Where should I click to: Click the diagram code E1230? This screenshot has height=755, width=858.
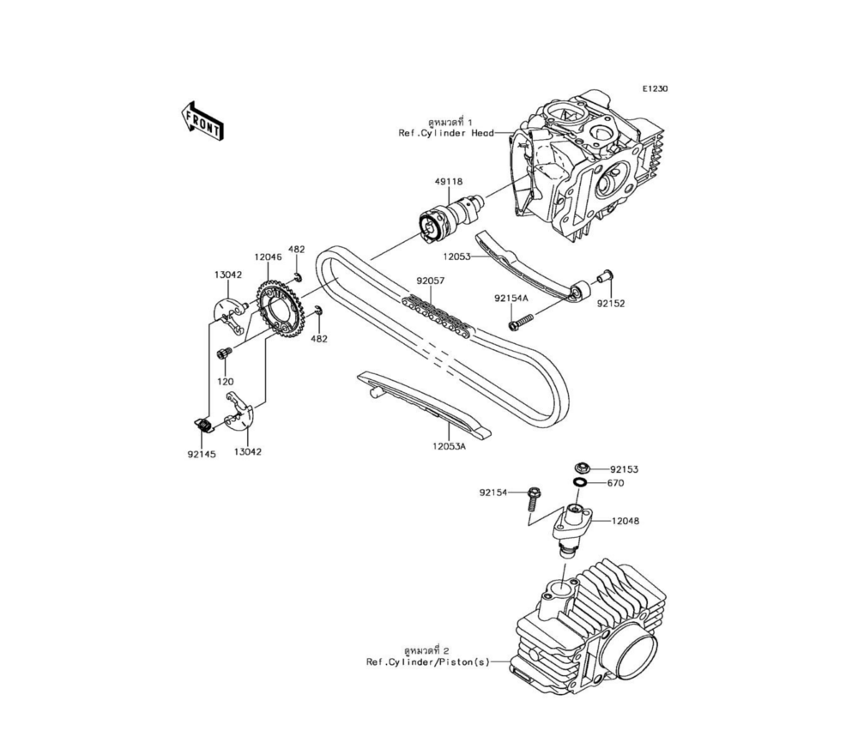(x=655, y=88)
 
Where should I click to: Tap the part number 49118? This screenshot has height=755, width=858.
(x=448, y=181)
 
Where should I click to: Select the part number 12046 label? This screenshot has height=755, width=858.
(x=268, y=256)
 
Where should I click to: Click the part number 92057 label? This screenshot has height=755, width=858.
(x=431, y=281)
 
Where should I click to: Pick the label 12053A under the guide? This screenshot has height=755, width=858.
(x=449, y=446)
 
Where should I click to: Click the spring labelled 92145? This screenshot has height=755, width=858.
(x=203, y=425)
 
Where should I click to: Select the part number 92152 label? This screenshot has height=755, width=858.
(x=611, y=303)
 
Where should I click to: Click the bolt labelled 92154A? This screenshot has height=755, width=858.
(x=520, y=322)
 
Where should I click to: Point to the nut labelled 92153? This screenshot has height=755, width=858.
(x=582, y=468)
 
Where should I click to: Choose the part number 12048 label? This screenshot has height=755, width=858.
(x=625, y=521)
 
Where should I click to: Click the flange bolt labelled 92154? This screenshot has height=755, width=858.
(x=532, y=498)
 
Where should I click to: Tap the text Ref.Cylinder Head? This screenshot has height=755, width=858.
(x=446, y=133)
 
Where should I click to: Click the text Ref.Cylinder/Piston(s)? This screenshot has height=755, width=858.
(x=428, y=662)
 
